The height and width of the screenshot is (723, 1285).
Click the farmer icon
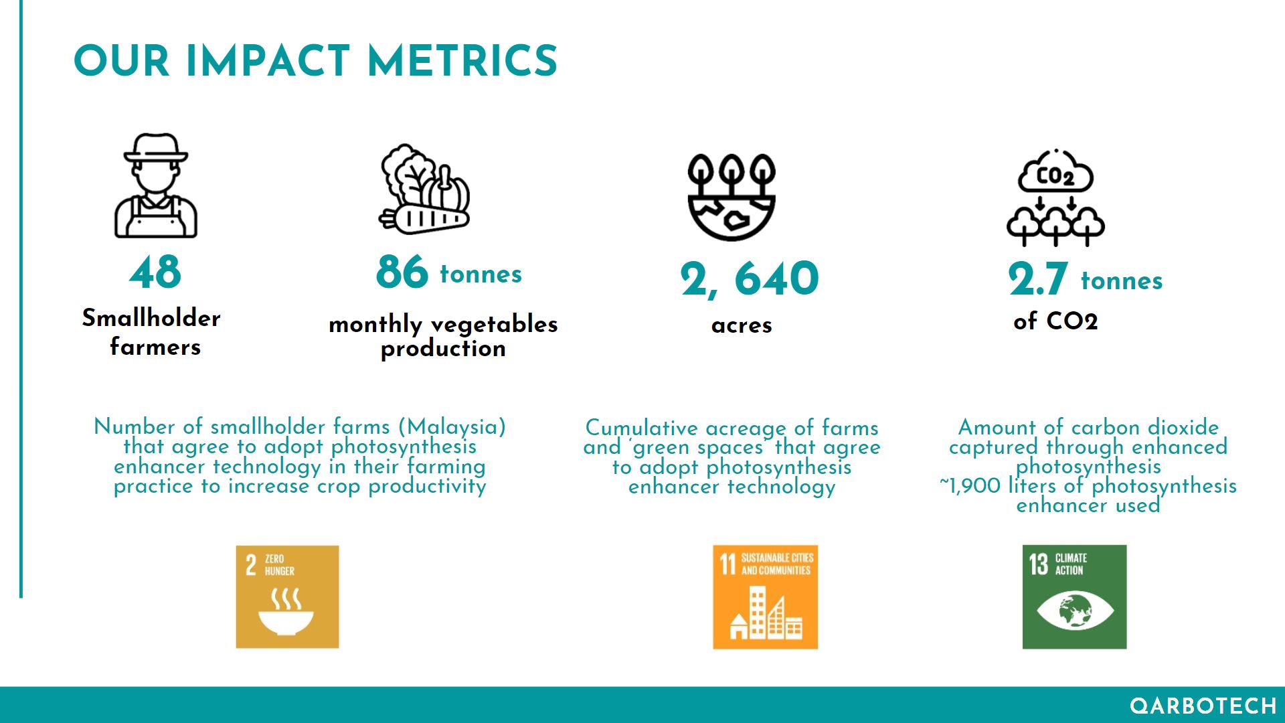155,185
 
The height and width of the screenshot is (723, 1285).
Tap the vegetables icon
424,189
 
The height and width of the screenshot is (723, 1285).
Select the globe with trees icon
732,197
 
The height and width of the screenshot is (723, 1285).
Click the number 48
155,272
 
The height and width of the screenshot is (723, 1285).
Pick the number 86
402,272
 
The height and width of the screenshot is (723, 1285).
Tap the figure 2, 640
750,278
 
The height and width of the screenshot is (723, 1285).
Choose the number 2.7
1037,279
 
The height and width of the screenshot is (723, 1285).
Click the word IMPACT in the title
268,61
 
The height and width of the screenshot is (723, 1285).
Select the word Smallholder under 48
151,318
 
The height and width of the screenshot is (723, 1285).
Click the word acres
742,325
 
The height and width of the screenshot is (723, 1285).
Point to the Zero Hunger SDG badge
287,596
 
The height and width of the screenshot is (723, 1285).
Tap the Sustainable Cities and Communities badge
765,596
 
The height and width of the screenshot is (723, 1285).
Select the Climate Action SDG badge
1074,596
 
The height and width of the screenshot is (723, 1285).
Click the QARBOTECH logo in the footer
1203,706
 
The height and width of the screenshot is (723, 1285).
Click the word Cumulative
642,428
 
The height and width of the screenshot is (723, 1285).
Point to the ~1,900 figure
970,485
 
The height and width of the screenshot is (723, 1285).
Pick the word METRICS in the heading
462,61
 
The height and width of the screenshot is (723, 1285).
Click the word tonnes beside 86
481,274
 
